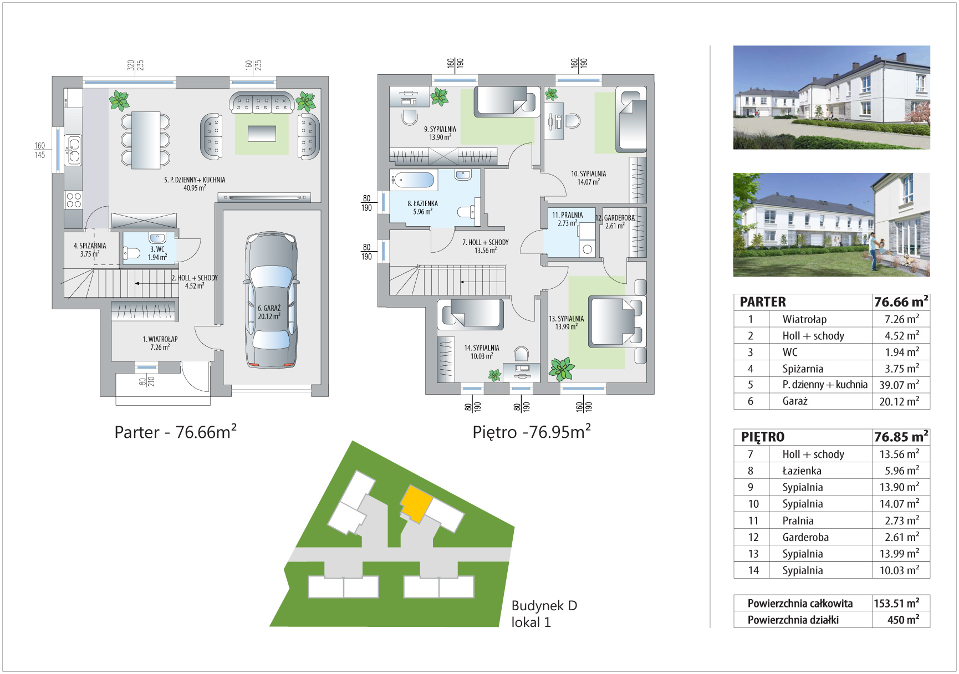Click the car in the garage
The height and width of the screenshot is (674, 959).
tap(271, 300)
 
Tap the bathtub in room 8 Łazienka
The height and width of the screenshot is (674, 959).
tap(413, 180)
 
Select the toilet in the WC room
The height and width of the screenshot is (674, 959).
tap(131, 253)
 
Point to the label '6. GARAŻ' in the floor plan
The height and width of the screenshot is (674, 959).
tap(269, 308)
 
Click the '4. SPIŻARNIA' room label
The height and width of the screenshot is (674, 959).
tap(90, 246)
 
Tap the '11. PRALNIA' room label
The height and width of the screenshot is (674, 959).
tap(567, 215)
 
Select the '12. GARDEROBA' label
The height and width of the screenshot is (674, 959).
tap(615, 218)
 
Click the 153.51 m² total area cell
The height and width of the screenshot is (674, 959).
tap(896, 603)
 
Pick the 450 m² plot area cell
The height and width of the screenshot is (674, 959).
tap(903, 620)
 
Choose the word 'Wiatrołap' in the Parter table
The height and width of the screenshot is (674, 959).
tap(804, 319)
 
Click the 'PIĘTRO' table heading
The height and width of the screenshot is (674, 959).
tap(763, 437)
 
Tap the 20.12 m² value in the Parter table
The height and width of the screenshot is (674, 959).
tap(899, 401)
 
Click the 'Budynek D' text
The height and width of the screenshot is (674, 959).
tap(544, 605)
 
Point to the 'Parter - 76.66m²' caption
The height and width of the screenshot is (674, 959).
tap(175, 432)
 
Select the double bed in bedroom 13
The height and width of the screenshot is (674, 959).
tap(615, 322)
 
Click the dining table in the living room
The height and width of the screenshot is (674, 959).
tap(146, 140)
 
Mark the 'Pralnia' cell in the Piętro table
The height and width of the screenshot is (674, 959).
tap(798, 520)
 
